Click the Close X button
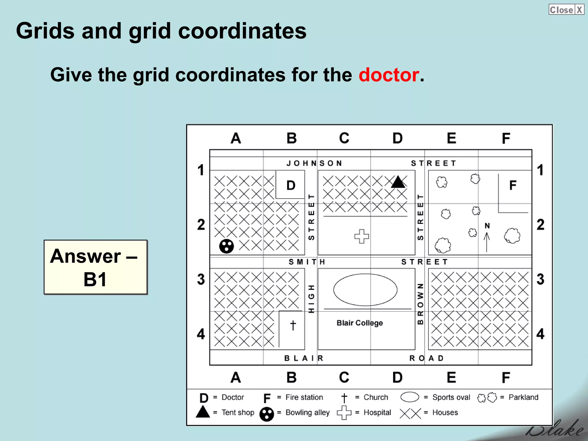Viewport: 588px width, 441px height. (566, 9)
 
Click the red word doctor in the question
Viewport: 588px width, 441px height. (389, 75)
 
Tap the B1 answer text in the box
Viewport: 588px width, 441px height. (95, 279)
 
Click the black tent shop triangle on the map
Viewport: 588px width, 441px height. (398, 182)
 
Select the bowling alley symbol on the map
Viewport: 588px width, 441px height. (227, 246)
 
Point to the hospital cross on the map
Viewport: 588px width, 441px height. (361, 236)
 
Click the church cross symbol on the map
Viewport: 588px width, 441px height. (293, 325)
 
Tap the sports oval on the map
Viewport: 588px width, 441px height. (365, 290)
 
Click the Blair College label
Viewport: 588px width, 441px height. (359, 323)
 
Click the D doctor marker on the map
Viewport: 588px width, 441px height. (291, 185)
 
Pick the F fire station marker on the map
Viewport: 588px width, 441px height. (513, 185)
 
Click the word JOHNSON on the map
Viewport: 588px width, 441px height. (314, 163)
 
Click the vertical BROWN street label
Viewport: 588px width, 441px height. (420, 304)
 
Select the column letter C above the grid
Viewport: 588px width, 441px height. (344, 138)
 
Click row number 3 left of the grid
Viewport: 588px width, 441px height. (201, 279)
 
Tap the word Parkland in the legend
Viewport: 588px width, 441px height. (523, 397)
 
